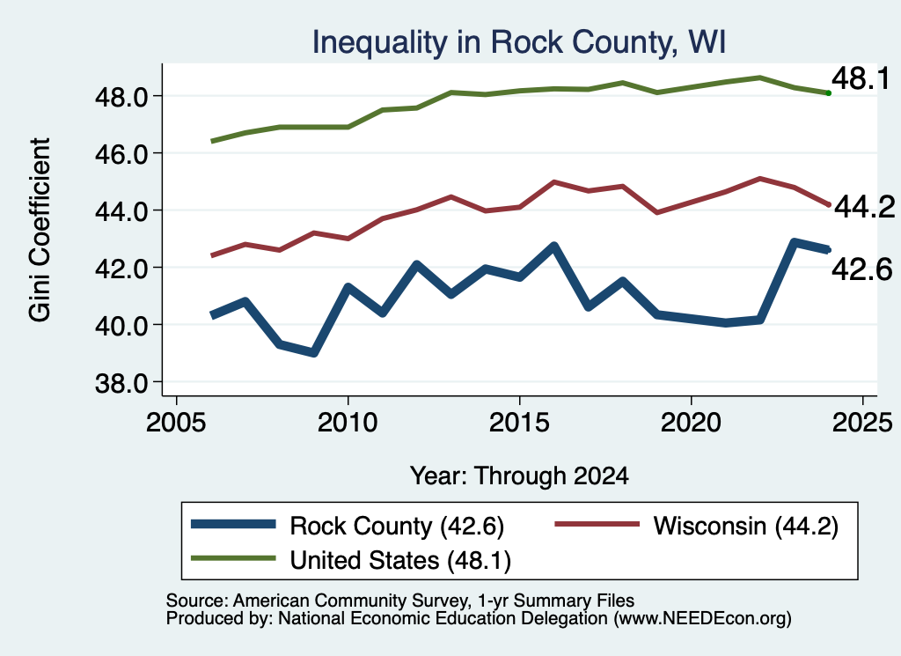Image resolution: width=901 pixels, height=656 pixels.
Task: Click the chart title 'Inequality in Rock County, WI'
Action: pyautogui.click(x=519, y=42)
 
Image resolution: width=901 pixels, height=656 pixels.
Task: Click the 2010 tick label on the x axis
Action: pyautogui.click(x=348, y=423)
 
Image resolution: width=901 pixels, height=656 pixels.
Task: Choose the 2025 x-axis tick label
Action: pyautogui.click(x=862, y=423)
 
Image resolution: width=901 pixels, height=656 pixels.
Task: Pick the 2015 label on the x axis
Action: pyautogui.click(x=519, y=423)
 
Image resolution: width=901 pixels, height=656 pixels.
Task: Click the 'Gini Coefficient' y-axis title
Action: pyautogui.click(x=40, y=230)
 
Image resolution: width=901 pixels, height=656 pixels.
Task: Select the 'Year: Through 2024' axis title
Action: pyautogui.click(x=519, y=476)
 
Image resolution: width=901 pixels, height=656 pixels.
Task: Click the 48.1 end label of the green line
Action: pyautogui.click(x=861, y=78)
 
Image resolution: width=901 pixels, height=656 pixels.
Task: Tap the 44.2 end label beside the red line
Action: pyautogui.click(x=864, y=207)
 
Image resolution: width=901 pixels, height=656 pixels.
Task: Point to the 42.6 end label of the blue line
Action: pyautogui.click(x=862, y=269)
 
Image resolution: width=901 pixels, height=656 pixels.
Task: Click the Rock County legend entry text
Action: pyautogui.click(x=397, y=526)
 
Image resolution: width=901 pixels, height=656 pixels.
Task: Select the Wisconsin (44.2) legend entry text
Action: pyautogui.click(x=746, y=526)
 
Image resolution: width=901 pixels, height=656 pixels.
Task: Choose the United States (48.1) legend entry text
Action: pyautogui.click(x=400, y=560)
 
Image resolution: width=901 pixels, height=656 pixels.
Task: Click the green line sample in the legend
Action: pyautogui.click(x=233, y=558)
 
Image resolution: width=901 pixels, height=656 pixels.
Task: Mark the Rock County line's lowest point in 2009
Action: pyautogui.click(x=314, y=352)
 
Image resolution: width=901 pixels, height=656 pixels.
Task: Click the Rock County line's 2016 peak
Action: pyautogui.click(x=554, y=247)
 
